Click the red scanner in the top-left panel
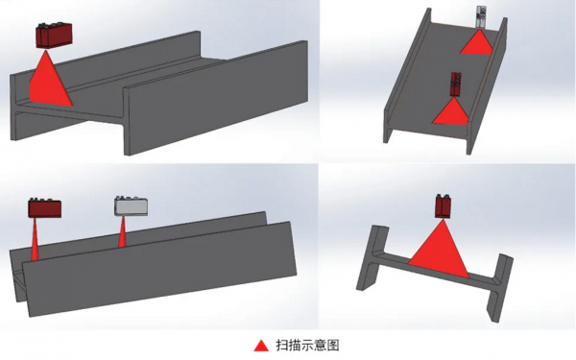tap(54, 36)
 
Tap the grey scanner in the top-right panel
tap(481, 17)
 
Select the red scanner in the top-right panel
tap(456, 84)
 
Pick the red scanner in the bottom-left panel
tap(44, 208)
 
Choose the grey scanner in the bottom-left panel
tap(132, 205)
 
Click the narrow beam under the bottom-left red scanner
tap(35, 239)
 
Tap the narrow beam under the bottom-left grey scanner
tap(122, 231)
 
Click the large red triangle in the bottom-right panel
tap(440, 252)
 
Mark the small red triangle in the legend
tap(261, 346)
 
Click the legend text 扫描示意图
tap(307, 346)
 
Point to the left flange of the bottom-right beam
tap(372, 258)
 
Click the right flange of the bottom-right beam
tap(499, 287)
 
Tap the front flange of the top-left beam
tap(216, 99)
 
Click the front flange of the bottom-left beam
tap(160, 269)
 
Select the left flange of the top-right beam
tap(407, 75)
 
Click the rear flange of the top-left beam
tap(105, 85)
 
